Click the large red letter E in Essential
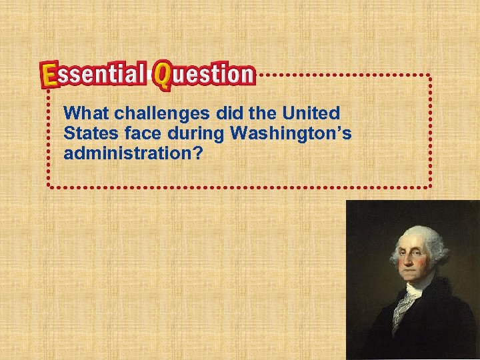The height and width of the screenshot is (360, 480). [x=49, y=75]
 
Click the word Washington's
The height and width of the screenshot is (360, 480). [x=291, y=133]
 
